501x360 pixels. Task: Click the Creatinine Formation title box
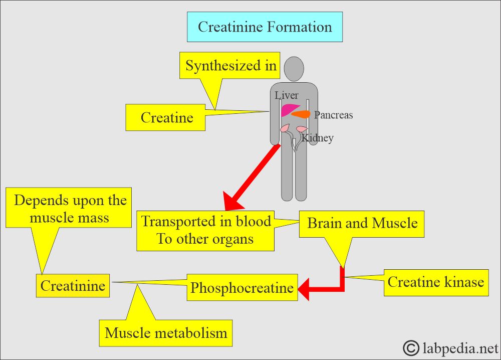click(x=265, y=27)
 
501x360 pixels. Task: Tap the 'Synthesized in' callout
click(x=230, y=66)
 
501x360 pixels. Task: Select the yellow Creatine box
click(x=166, y=117)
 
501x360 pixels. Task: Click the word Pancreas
click(x=333, y=115)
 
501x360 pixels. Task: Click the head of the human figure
click(x=293, y=68)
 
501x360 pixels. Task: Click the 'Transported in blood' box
click(x=205, y=230)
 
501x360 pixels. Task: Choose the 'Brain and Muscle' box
click(x=362, y=223)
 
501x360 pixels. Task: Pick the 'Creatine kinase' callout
click(x=435, y=282)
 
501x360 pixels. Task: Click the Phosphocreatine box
click(x=242, y=288)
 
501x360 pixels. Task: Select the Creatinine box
click(x=73, y=286)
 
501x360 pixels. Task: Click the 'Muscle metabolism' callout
click(x=166, y=333)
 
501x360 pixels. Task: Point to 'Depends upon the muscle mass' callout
click(x=70, y=209)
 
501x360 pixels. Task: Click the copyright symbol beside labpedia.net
click(x=411, y=347)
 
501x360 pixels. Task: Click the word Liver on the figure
click(x=287, y=95)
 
